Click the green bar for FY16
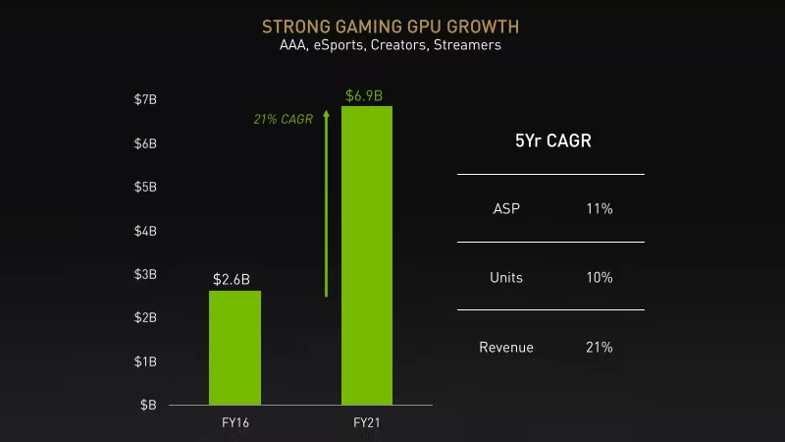pos(235,347)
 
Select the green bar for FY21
pos(366,254)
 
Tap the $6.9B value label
pos(364,95)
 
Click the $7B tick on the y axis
pos(145,100)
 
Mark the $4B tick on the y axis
pos(145,231)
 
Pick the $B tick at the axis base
pos(147,405)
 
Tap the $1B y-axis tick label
pos(145,361)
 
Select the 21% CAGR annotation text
pos(283,120)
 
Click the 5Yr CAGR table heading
pos(552,141)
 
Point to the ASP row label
pos(506,209)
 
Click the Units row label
pos(506,278)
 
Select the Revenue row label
pos(506,347)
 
